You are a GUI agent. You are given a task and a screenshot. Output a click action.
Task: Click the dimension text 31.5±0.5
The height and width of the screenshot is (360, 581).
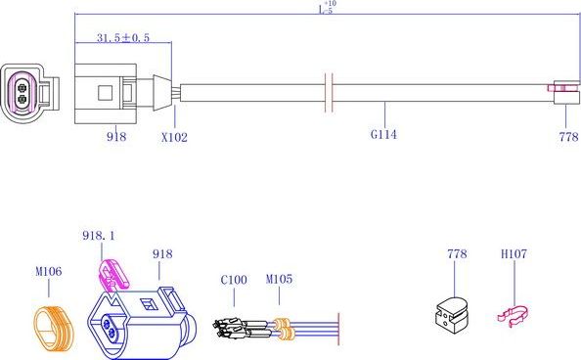pos(123,38)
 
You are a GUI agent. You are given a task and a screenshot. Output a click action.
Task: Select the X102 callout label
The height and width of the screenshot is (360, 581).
pos(174,138)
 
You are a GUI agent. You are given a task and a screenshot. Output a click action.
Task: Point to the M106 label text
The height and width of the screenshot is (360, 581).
pos(49,272)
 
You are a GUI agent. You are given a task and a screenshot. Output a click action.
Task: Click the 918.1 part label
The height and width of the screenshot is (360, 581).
pos(98,236)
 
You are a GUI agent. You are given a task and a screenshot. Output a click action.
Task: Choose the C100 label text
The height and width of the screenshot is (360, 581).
pos(234,281)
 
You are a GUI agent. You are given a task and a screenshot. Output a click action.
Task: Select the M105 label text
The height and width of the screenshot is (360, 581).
pos(279,281)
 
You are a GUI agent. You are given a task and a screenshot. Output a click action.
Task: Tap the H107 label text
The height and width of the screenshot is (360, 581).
pos(514,254)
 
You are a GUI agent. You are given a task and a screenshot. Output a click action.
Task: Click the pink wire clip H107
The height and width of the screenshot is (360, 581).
pos(514,315)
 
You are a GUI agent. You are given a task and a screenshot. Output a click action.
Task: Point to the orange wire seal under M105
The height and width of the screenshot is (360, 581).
pos(283,328)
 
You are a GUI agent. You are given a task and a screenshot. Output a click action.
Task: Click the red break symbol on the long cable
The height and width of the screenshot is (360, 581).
pos(330,91)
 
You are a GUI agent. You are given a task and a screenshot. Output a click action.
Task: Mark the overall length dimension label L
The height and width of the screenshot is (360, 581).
pos(326,9)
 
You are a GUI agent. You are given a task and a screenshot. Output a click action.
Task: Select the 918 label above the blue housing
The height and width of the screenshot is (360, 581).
pos(162,254)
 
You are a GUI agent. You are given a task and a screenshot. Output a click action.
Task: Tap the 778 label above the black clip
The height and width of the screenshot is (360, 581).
pos(456,254)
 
